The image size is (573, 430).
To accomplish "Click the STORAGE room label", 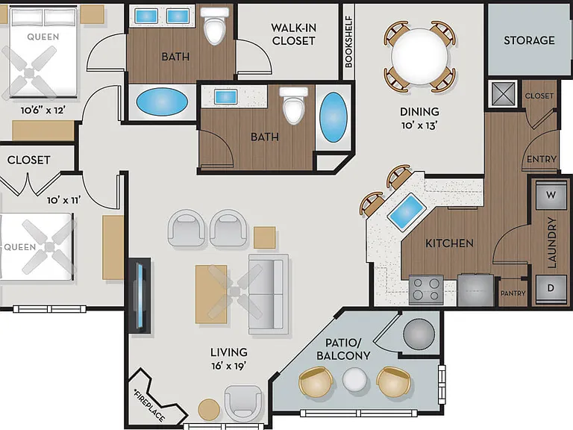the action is point(529,40).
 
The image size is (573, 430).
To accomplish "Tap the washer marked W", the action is point(551,196).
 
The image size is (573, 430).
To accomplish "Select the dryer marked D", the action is point(551,289).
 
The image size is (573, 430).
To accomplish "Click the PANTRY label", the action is point(513,293).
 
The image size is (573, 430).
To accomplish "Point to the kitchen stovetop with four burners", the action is point(426,290).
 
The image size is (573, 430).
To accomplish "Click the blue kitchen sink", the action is point(407,212).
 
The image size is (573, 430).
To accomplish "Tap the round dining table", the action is point(419,57).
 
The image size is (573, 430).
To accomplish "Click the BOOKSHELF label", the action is point(348,41).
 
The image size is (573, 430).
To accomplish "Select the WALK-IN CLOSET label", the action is point(293,34).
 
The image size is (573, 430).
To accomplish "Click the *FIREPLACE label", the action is point(149,406).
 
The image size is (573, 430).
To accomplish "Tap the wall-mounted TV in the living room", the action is point(140,296).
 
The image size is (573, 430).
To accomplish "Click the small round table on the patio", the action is point(355,379).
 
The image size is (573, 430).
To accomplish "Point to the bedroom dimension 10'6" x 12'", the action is point(43,110).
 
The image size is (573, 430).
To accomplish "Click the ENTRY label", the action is point(541,160).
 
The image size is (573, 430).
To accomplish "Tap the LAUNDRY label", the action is point(552,243).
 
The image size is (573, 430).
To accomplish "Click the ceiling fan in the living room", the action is point(235,292).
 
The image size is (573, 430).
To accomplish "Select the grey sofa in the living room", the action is point(269,294).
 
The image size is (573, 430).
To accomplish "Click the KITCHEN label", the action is point(449,243).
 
